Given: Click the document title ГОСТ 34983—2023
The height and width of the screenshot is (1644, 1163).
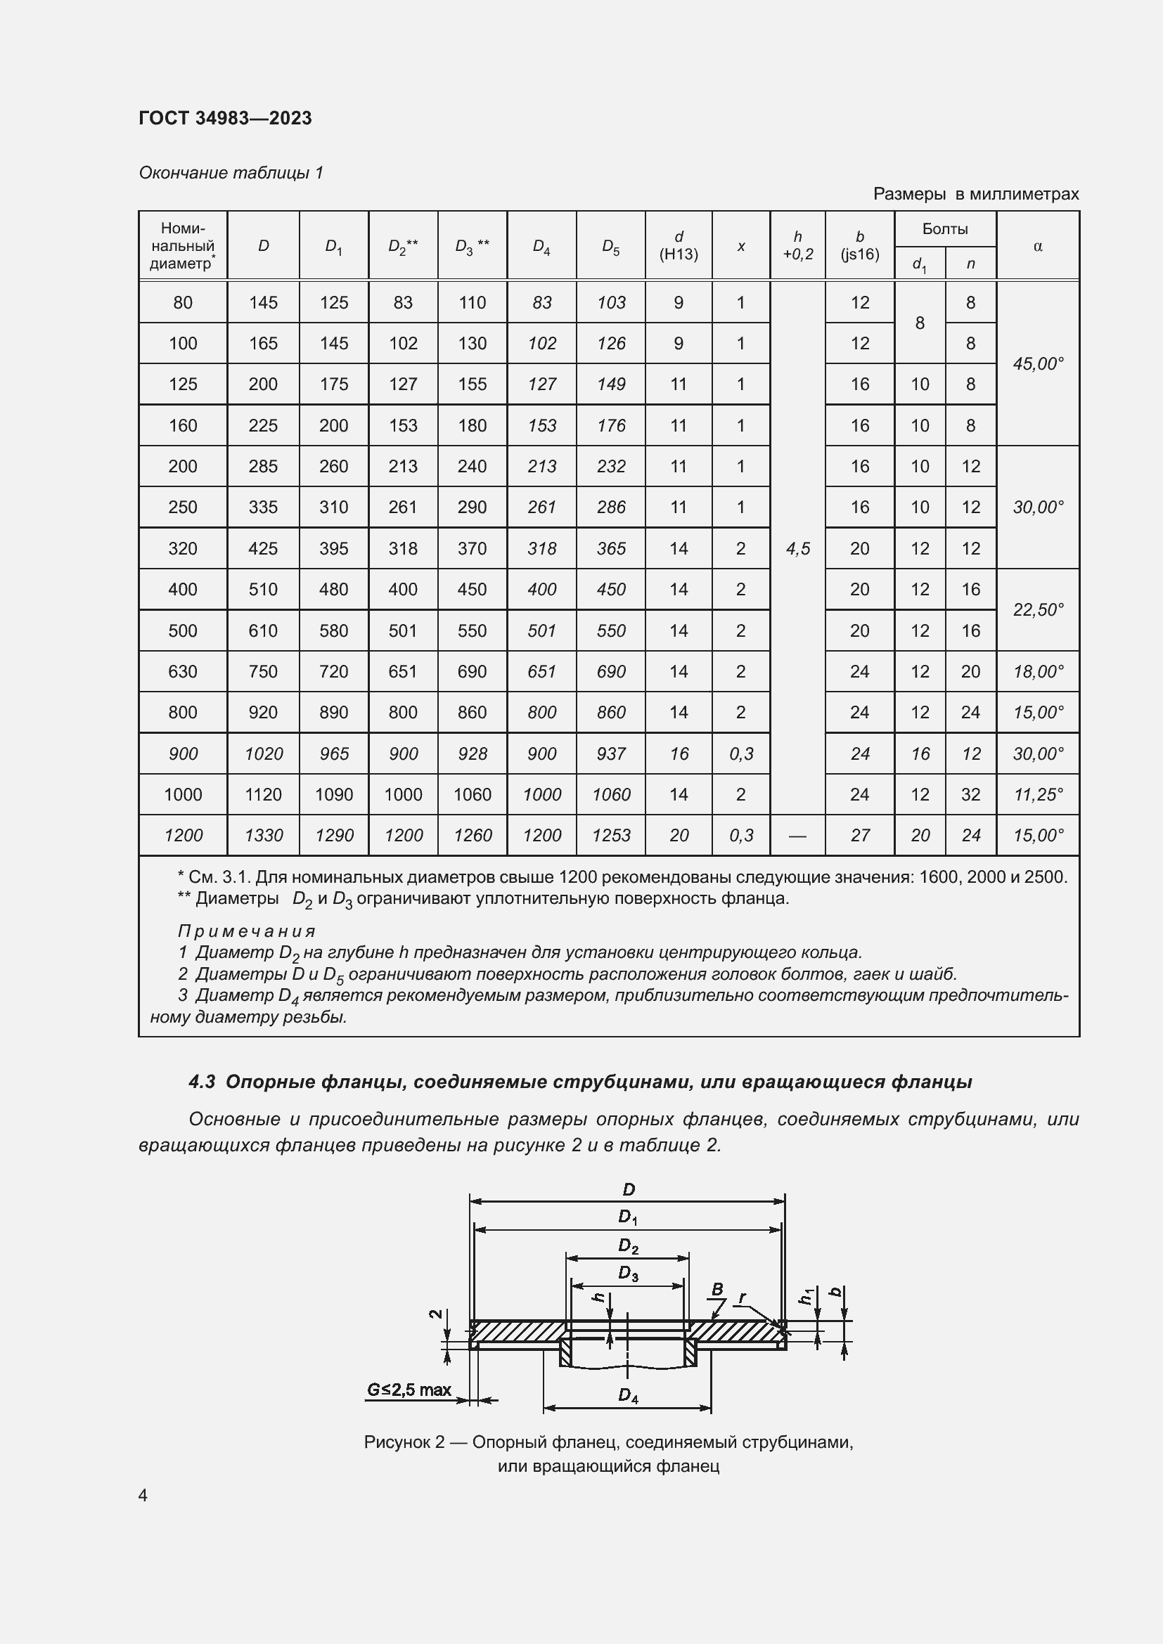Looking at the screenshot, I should pos(225,118).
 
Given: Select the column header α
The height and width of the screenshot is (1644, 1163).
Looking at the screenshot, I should pos(1038,246).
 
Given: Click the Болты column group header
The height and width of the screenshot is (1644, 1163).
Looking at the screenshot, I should pos(944,229).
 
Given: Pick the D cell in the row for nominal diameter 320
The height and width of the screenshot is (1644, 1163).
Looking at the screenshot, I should pos(263,548).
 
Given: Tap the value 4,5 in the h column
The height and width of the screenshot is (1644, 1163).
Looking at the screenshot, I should pos(798,548).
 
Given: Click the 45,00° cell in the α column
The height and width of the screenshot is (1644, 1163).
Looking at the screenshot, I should pos(1038,364).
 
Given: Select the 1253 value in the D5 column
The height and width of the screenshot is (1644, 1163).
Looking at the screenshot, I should pos(611,836).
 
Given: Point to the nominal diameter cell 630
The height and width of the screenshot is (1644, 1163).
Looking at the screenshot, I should pos(183,672).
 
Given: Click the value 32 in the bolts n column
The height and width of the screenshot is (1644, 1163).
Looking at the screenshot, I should pos(970,795).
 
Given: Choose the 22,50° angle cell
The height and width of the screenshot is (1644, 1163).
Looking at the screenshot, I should pos(1038,610).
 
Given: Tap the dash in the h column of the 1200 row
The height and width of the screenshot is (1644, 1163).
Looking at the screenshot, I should pos(797,836).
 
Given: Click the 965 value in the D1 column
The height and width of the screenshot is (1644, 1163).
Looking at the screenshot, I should pos(334,754).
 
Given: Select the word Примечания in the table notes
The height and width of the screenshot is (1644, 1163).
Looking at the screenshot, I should pos(246,931).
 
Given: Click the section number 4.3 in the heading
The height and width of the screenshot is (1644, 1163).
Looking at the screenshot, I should pos(202,1082).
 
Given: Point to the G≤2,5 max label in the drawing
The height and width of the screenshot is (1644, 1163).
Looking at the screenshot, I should pos(409,1390).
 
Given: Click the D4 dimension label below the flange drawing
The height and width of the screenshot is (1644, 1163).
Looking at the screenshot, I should pos(627,1396).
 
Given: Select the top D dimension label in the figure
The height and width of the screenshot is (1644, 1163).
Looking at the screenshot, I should pos(628,1189).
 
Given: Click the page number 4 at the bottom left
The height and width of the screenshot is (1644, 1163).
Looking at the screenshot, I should pos(143,1495).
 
